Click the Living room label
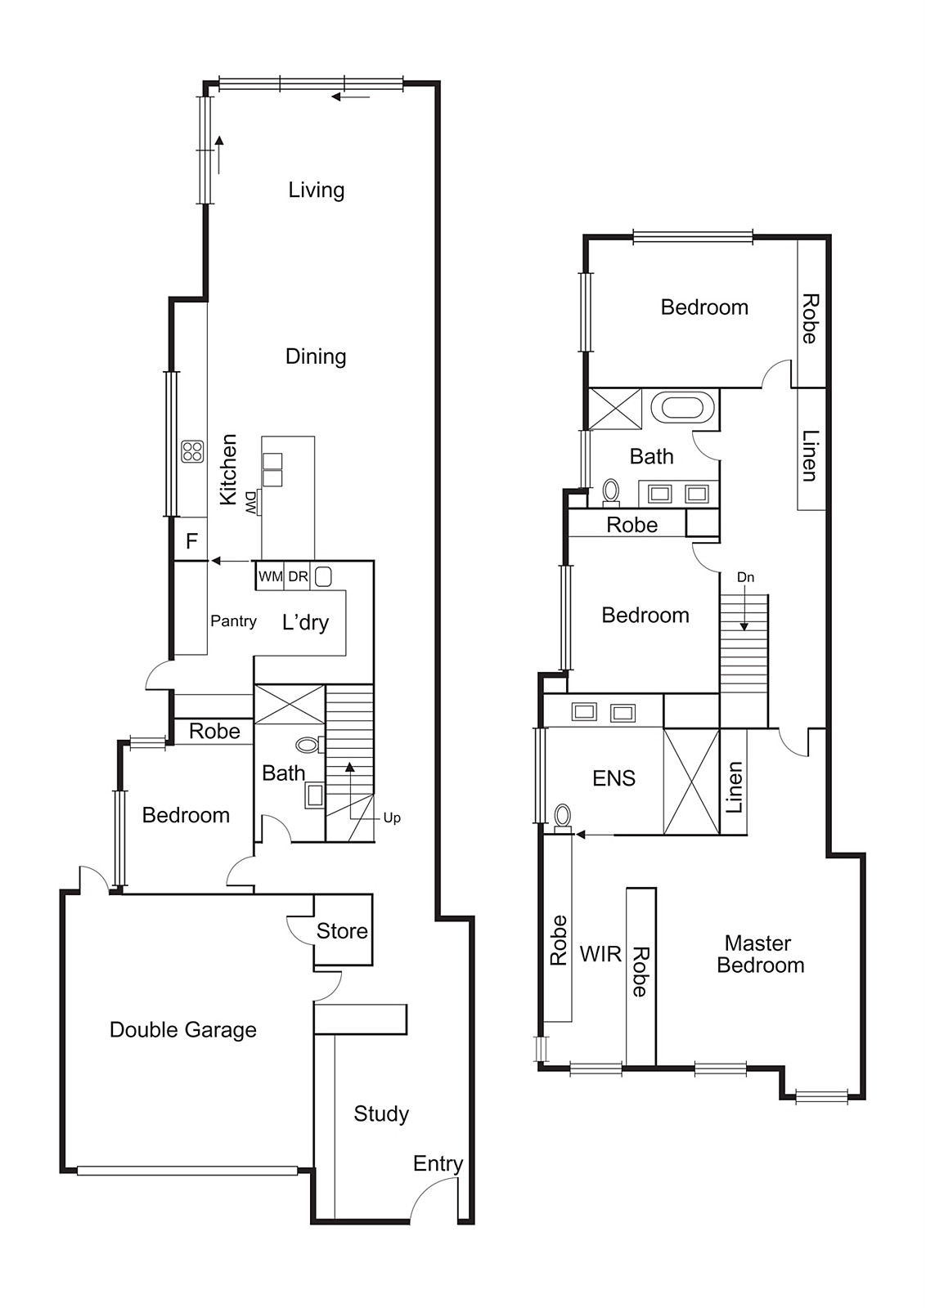click(x=316, y=190)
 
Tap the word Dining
click(x=316, y=356)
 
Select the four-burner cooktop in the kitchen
click(x=192, y=450)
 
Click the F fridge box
click(x=191, y=541)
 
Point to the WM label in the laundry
click(x=271, y=577)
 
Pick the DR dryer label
click(x=298, y=577)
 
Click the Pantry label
click(x=234, y=620)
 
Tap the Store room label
click(x=342, y=931)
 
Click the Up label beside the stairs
click(x=392, y=818)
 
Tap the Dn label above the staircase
click(x=745, y=577)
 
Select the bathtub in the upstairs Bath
click(x=681, y=408)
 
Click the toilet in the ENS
click(x=563, y=818)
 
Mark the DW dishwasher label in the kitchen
click(x=250, y=502)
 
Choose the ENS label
click(x=614, y=778)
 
